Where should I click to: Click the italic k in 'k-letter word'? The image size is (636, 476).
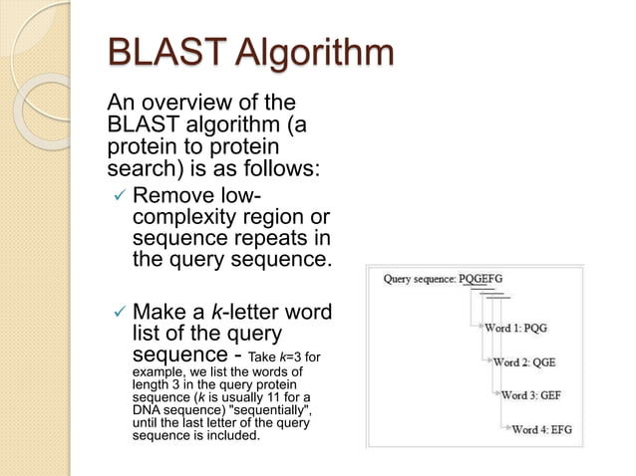216,313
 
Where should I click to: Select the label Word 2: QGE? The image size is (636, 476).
523,361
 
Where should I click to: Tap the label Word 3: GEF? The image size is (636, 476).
530,395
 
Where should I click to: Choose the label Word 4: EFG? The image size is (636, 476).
541,429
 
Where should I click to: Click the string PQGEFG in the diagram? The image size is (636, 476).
480,279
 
